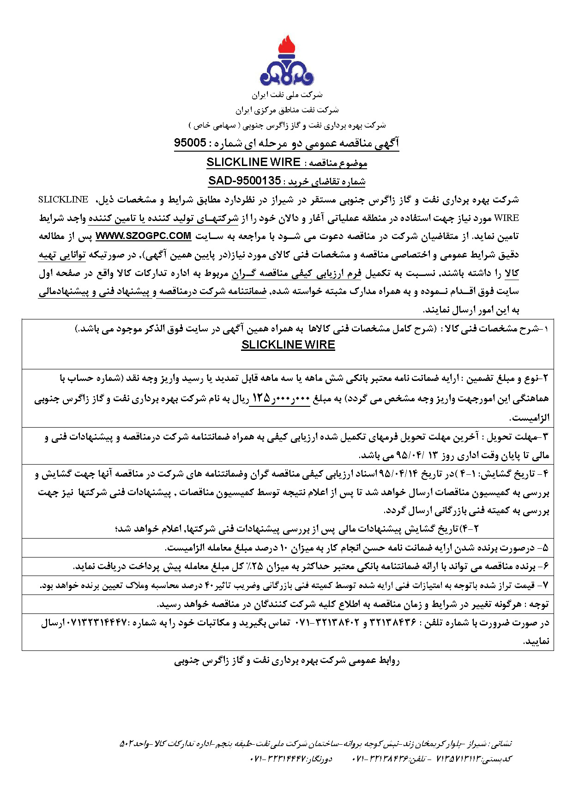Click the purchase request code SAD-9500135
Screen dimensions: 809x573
(245, 181)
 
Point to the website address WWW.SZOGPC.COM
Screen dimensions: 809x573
(143, 236)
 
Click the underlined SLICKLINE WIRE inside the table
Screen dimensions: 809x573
(288, 345)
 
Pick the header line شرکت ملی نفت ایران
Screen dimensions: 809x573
(287, 95)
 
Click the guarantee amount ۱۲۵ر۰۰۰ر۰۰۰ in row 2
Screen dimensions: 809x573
(279, 398)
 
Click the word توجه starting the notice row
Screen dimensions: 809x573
(539, 604)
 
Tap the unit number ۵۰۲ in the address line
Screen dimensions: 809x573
(127, 744)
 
